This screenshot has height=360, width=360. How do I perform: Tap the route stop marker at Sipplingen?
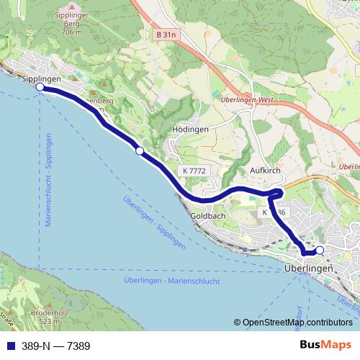(40, 88)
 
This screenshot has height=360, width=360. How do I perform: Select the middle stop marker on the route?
(140, 150)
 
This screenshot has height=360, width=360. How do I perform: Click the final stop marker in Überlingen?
(320, 250)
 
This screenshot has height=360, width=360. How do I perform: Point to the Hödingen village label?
(191, 129)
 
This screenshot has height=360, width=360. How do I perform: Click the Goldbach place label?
(210, 216)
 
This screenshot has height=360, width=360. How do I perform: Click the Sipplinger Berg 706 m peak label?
(73, 23)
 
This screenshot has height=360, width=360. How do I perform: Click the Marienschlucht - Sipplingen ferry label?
(48, 180)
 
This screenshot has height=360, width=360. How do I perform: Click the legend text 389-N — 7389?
(55, 346)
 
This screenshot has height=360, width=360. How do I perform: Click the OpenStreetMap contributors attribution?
(292, 323)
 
